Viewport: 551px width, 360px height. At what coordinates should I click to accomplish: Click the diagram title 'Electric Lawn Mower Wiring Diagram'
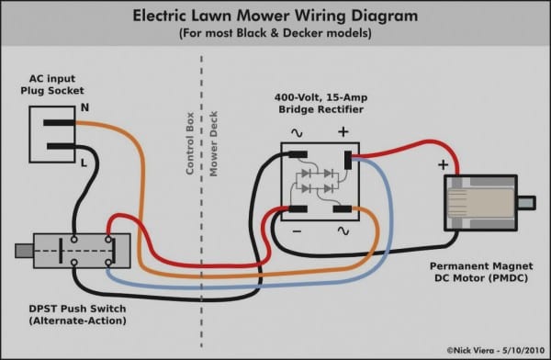point(275,16)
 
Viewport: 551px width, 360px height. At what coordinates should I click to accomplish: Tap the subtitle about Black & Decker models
point(275,34)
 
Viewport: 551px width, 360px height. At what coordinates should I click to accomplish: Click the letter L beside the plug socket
point(84,162)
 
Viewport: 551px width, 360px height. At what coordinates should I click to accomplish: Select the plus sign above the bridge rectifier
point(343,132)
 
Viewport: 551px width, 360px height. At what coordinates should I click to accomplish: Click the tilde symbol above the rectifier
point(297,132)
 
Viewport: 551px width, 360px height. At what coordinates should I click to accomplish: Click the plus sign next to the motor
point(443,165)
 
